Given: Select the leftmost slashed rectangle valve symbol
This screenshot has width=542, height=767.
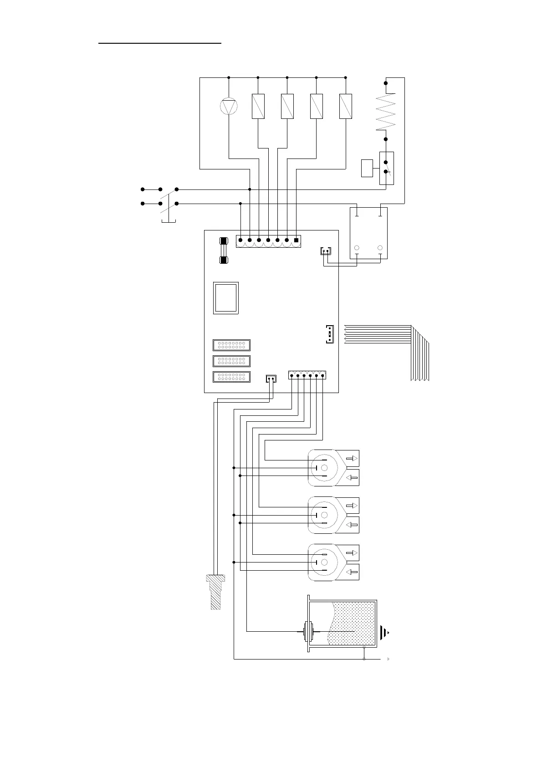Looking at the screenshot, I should [x=258, y=106].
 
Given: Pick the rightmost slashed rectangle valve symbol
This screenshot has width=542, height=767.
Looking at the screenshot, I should [x=346, y=106].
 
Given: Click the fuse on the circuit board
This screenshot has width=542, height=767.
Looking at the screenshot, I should [x=224, y=251].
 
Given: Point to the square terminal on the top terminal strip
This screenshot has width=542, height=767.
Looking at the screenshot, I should [x=297, y=240].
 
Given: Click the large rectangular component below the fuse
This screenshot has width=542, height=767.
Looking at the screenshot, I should [x=226, y=298].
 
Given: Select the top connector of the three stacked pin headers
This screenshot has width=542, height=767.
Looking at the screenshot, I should [x=231, y=345].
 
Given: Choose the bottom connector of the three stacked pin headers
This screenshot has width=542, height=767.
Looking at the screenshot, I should [x=231, y=377].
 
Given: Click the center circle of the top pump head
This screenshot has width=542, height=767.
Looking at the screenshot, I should [x=324, y=468].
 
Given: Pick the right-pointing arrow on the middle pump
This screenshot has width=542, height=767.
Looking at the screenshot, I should [x=352, y=506].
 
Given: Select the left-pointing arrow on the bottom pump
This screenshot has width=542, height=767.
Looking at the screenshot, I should [x=352, y=572].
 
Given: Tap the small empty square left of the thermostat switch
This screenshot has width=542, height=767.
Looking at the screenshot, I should [x=367, y=168].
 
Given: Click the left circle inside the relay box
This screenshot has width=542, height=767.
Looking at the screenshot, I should [x=357, y=248].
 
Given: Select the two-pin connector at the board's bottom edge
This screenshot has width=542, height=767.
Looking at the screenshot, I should [x=271, y=378].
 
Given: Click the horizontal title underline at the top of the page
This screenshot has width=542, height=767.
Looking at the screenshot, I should [x=160, y=44].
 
